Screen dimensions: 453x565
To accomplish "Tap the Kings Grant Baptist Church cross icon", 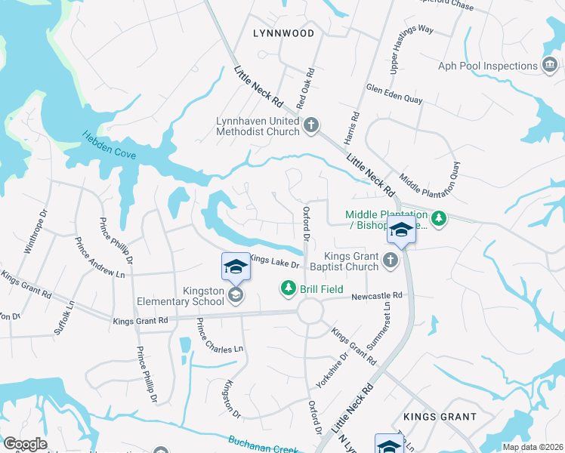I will (x=390, y=261).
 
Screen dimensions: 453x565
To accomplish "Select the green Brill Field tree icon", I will (x=288, y=288).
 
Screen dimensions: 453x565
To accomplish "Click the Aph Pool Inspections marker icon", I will (x=550, y=66).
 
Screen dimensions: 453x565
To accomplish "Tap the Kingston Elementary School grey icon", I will (x=236, y=295).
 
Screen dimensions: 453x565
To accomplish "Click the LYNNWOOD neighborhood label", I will (x=283, y=33).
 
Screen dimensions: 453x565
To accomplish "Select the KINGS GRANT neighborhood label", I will (x=440, y=416).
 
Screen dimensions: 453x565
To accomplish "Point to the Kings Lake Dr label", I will (x=275, y=262).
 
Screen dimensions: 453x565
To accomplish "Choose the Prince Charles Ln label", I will (x=220, y=337).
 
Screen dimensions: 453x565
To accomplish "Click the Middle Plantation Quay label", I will (x=430, y=175).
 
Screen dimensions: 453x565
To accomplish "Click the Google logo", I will (x=25, y=443).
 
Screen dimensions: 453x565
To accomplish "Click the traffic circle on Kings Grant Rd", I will (x=309, y=311).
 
